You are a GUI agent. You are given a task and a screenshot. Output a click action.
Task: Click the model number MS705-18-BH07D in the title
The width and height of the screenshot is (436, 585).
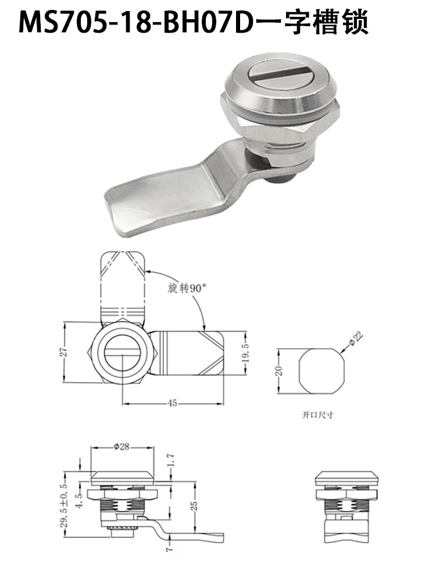pos(135,23)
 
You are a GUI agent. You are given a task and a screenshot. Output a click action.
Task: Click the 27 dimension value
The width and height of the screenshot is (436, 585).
pos(64,352)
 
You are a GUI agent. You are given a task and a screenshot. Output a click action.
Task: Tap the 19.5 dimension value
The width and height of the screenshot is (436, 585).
pos(245,352)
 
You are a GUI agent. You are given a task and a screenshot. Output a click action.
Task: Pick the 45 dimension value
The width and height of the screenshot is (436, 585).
pos(172,404)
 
